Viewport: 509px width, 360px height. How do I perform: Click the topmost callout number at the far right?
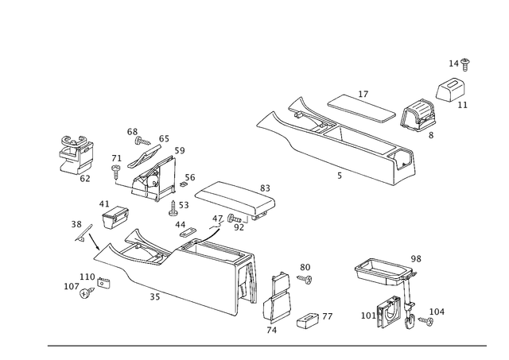tap(457, 61)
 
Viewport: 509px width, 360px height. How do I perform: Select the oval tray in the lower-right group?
tap(380, 270)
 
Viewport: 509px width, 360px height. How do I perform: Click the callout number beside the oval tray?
tap(416, 257)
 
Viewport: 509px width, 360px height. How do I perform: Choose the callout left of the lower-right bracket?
tap(367, 316)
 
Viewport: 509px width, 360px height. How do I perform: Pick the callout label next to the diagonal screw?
tap(76, 223)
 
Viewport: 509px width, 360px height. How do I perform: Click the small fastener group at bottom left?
tap(86, 282)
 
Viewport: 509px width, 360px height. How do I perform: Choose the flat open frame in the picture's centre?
tap(231, 199)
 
